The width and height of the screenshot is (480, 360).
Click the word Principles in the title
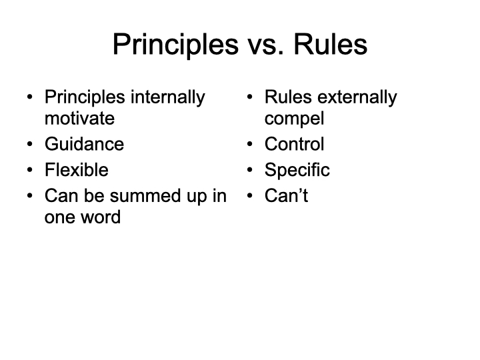pos(175,45)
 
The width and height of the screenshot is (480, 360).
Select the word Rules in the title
pos(330,44)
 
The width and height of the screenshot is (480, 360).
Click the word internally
pos(168,98)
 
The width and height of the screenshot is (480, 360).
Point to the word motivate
pos(79,119)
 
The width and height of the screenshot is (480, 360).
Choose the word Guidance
pos(85,144)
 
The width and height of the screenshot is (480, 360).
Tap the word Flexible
pos(77,169)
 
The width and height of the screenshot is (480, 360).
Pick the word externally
pos(357,98)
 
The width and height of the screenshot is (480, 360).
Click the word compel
pos(294,119)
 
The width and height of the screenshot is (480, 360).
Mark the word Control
pos(294,144)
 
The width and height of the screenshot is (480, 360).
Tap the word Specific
pos(297,170)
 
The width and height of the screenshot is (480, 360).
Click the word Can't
pos(286,195)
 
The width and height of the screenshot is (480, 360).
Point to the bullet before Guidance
pos(30,144)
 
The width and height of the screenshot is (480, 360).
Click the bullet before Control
pos(250,144)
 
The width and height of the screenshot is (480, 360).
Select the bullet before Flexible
pos(30,169)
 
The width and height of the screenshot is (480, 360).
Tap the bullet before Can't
pos(250,195)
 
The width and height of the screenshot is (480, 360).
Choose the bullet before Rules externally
pos(250,97)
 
